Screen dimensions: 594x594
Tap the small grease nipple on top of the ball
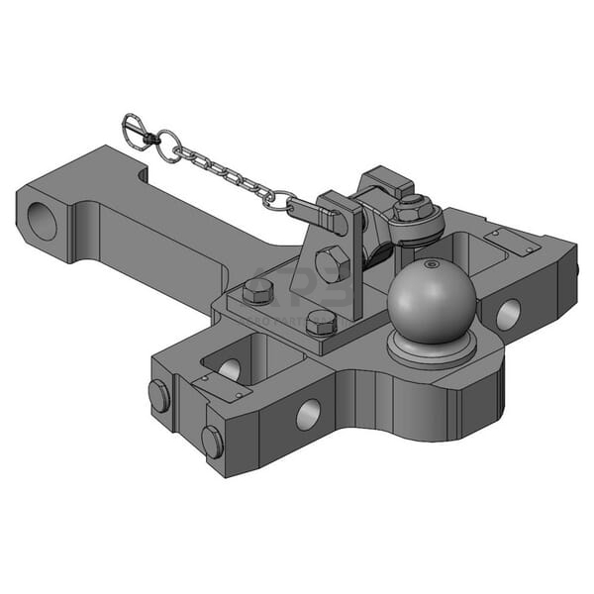point(430,264)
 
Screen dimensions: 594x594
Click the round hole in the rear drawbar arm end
point(43,220)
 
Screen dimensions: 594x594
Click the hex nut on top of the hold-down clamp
point(409,209)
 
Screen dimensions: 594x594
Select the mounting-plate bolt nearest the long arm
point(257,289)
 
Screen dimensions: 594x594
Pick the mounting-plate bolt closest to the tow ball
point(321,321)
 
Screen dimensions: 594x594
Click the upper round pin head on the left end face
point(159,395)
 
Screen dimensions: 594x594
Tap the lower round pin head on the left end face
point(212,441)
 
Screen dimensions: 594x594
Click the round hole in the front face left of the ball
point(307,414)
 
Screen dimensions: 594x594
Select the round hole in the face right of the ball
point(508,314)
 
